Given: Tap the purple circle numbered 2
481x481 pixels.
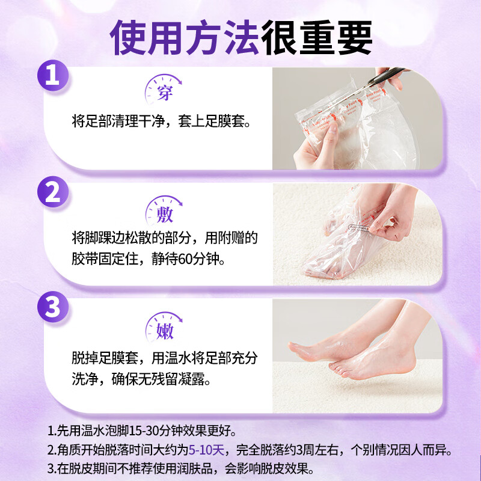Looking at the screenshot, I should click(54, 194).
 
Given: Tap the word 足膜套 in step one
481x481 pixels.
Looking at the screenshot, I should click(229, 122).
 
